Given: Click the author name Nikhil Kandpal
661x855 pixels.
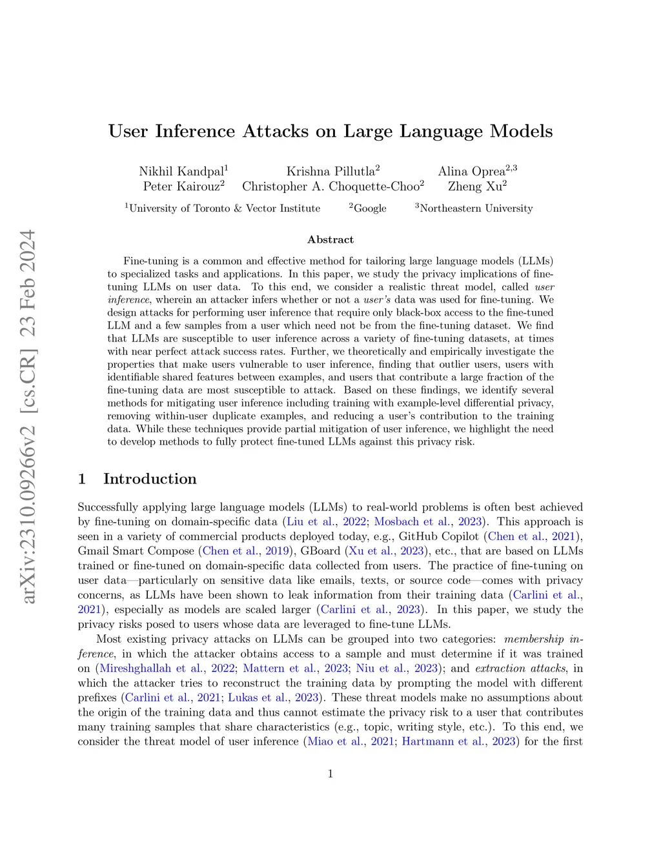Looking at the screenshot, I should click(183, 171).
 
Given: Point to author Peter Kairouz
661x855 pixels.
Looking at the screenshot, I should click(183, 186).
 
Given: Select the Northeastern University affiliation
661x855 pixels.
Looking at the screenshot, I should click(475, 208).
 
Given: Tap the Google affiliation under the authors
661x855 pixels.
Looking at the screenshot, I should click(369, 208).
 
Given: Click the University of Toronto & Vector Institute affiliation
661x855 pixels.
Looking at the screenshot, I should click(223, 208).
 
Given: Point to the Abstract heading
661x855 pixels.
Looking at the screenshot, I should click(330, 239).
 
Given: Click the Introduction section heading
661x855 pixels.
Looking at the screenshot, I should click(149, 479).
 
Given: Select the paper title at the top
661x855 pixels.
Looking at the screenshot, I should click(330, 131).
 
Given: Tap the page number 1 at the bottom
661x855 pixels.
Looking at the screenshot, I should click(330, 774).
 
